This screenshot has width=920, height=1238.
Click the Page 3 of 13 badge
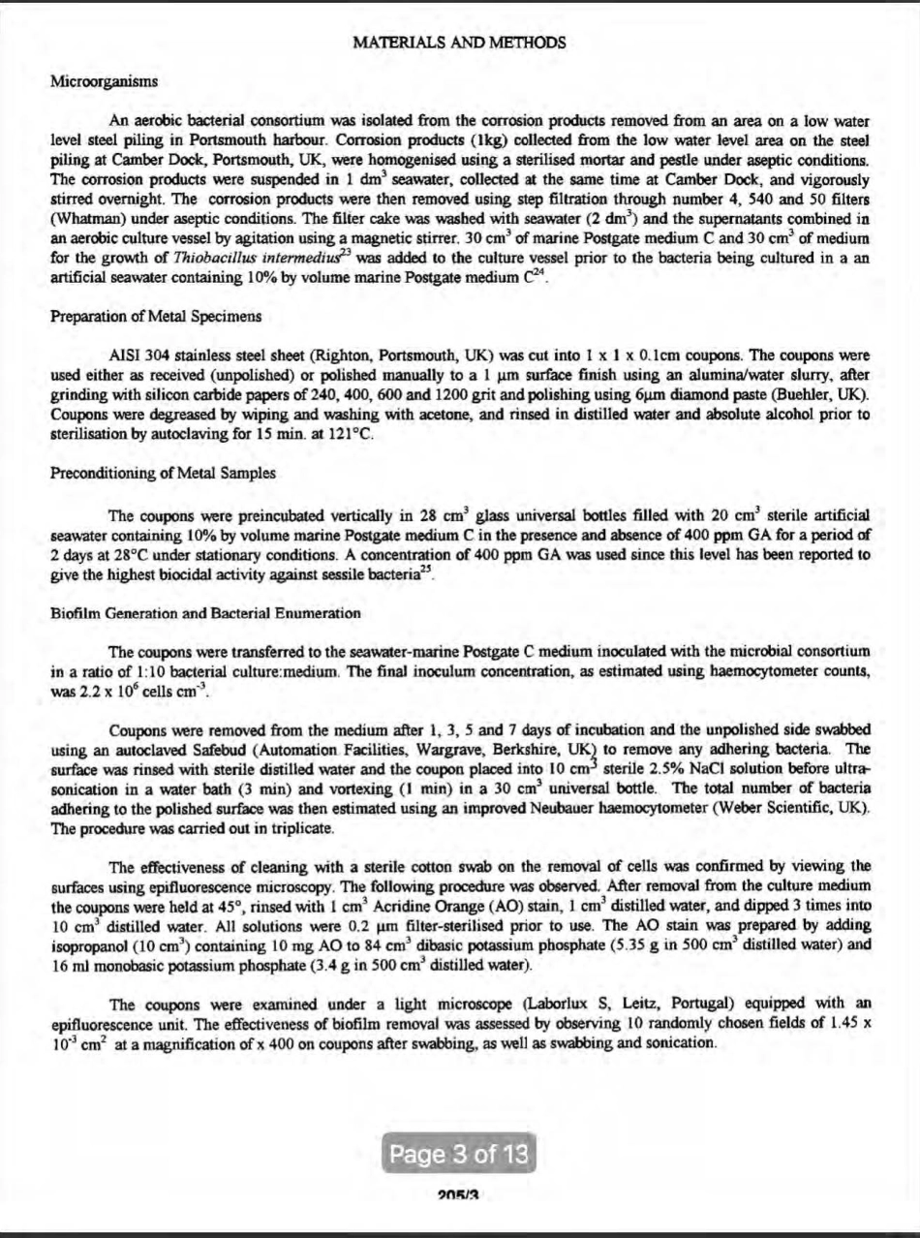[x=459, y=1154]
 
